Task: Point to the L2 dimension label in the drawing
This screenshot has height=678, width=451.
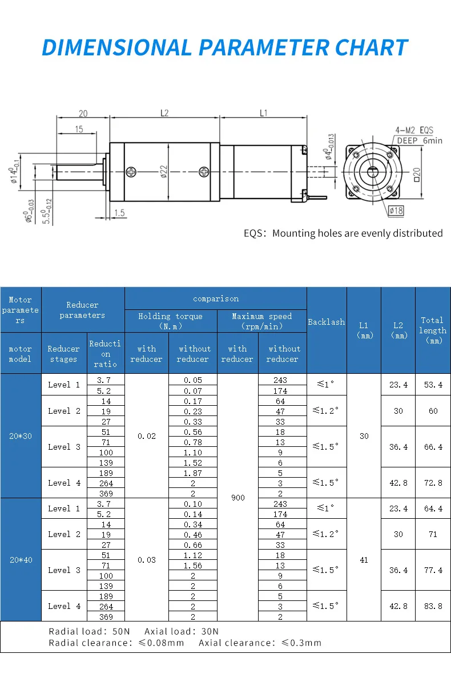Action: (164, 113)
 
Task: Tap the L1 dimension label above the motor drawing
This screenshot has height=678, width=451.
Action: (263, 113)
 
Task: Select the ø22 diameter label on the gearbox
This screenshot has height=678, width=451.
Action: (163, 172)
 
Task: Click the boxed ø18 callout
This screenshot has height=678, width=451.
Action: (396, 211)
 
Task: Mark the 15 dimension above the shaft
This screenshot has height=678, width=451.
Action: (79, 130)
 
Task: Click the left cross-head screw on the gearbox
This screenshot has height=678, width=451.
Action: (132, 171)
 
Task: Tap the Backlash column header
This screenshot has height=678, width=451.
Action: (326, 322)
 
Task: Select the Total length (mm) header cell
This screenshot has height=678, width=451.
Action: (432, 330)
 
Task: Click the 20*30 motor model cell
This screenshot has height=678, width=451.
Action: (21, 436)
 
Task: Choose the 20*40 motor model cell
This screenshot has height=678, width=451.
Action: (21, 560)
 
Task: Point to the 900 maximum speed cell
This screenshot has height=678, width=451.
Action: (238, 498)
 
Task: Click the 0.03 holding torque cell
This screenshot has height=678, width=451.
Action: (147, 560)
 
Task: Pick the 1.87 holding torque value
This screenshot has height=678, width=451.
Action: (192, 473)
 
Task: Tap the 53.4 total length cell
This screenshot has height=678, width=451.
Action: (433, 385)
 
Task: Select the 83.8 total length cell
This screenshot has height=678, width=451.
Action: (433, 606)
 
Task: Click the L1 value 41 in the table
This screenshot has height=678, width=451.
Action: (364, 560)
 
